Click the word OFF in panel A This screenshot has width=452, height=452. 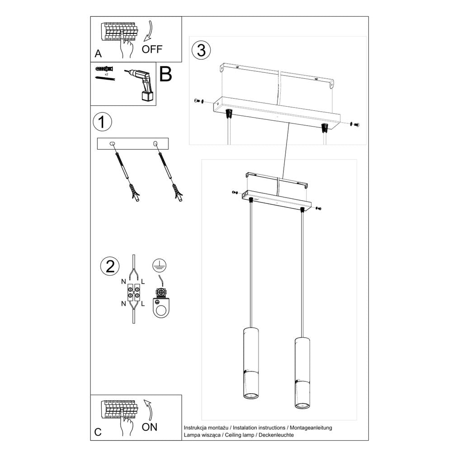[x=151, y=50]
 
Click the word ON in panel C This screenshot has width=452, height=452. [x=150, y=427]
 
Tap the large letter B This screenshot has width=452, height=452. [x=165, y=75]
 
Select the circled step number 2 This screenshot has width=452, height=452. [x=109, y=266]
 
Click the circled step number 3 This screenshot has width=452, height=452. [x=201, y=50]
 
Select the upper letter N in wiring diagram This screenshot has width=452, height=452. [x=123, y=282]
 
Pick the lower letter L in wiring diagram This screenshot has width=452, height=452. [x=143, y=304]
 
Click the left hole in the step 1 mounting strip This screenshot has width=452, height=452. [x=112, y=144]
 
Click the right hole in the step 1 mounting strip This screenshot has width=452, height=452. [x=155, y=144]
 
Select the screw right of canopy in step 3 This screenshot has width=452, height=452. [x=355, y=123]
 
